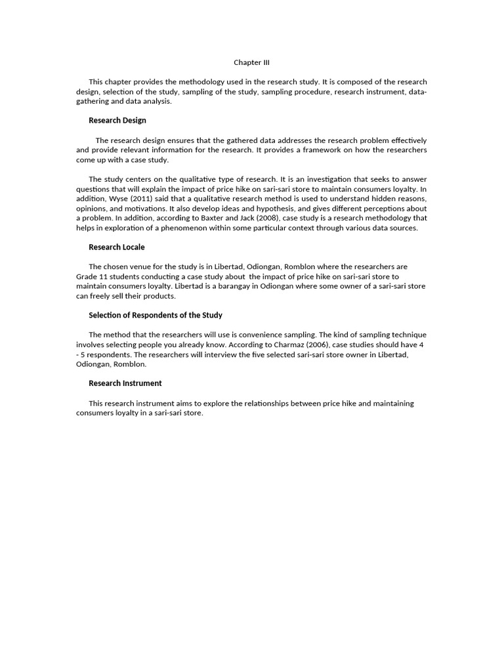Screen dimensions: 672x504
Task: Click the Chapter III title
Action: (x=251, y=62)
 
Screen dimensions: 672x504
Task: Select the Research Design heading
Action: (x=117, y=121)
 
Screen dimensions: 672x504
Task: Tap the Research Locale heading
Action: (x=117, y=247)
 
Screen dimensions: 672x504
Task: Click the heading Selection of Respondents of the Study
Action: (x=156, y=316)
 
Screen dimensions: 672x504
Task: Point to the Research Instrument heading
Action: (x=125, y=383)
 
